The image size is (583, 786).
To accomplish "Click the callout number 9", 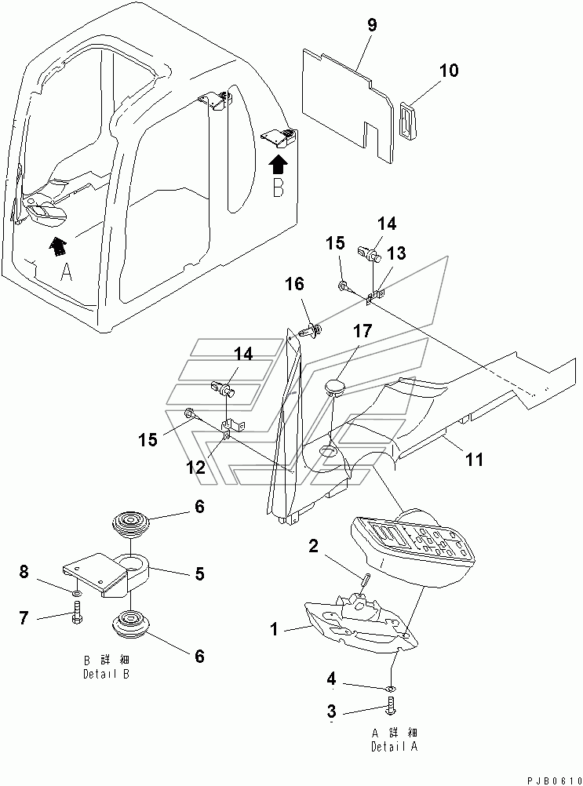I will click(x=372, y=24).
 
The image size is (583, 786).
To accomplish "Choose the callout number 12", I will click(x=195, y=468).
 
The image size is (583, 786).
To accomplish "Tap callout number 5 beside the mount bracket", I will click(x=200, y=574).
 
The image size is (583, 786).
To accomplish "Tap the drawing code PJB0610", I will click(x=547, y=777).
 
